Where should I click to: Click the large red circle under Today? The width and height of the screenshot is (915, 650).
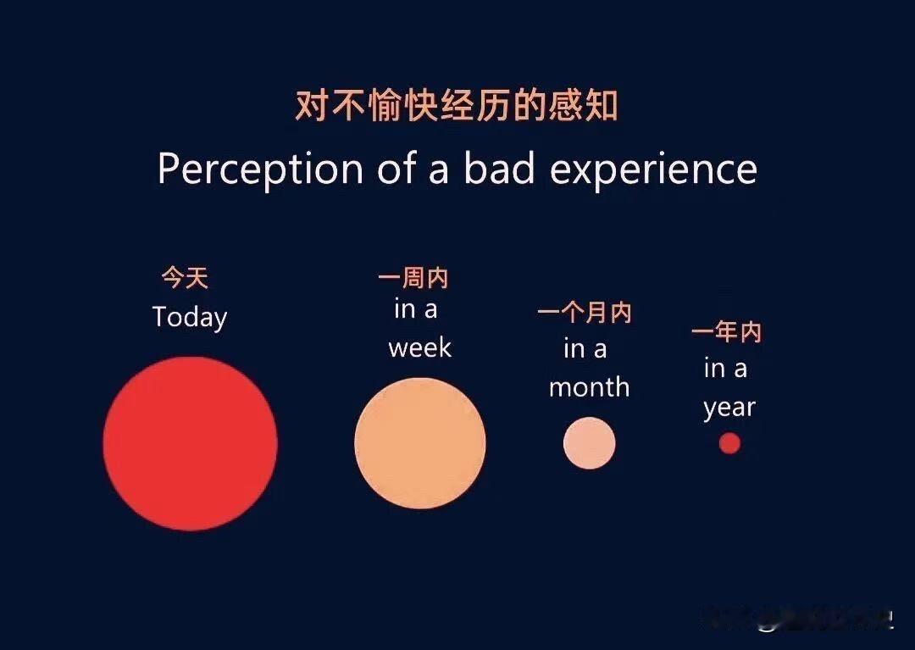(190, 443)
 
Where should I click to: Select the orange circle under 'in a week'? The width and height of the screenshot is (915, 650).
(419, 443)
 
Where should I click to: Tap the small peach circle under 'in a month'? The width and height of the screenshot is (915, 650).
(589, 443)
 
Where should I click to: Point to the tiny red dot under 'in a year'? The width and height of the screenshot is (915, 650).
(729, 443)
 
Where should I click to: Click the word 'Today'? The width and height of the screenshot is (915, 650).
(190, 317)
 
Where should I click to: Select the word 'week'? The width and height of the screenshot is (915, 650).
(419, 347)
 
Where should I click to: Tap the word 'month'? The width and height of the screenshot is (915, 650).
(589, 387)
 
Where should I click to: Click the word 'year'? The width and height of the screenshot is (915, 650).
(729, 408)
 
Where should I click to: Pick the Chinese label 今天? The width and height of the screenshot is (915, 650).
(185, 277)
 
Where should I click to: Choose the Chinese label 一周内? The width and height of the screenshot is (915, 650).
(413, 278)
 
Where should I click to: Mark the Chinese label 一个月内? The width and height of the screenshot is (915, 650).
(585, 313)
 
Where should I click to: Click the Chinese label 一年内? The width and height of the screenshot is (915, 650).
(726, 332)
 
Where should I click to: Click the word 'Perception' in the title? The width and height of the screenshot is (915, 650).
(259, 169)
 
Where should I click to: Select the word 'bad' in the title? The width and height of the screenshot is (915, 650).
(499, 169)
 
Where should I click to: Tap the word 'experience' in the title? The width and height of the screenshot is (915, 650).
(653, 169)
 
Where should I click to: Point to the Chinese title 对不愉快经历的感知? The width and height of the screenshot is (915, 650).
(457, 107)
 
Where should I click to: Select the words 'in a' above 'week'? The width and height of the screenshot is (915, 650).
(415, 309)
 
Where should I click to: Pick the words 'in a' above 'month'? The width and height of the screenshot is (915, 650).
(585, 348)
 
